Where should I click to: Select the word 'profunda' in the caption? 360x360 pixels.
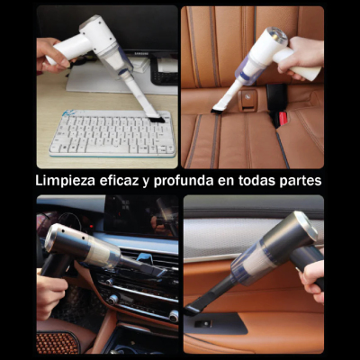(189, 180)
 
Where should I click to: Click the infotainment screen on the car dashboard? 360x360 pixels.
(135, 216)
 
